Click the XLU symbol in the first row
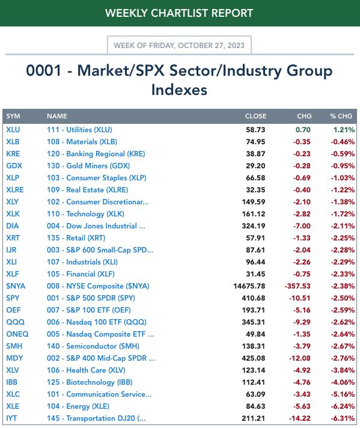13,130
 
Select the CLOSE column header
255,116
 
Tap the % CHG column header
341,116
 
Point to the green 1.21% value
344,130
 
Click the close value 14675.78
249,286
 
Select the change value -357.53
297,286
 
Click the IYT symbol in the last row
11,418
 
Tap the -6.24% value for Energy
343,406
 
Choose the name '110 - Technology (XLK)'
85,214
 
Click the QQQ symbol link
15,322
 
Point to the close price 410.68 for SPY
253,298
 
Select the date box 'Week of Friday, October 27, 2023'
179,45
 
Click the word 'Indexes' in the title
179,90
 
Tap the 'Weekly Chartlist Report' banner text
179,13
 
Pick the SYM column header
13,116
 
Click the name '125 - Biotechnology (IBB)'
90,382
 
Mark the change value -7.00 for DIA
302,226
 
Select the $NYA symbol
16,286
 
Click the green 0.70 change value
303,130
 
